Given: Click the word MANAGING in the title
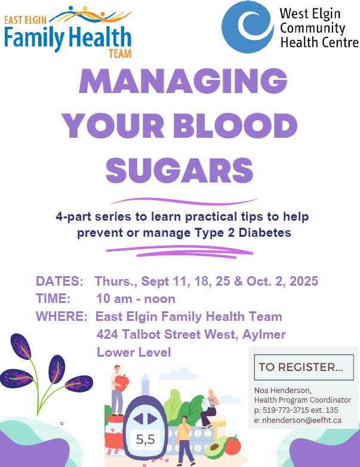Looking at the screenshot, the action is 183,81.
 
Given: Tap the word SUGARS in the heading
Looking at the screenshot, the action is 180,170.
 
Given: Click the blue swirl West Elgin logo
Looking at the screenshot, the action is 248,27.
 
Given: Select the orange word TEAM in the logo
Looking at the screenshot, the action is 120,54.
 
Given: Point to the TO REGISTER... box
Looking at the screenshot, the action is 304,367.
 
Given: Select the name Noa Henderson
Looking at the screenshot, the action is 282,390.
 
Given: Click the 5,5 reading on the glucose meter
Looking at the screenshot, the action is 146,440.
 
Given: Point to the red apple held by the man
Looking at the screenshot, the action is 121,382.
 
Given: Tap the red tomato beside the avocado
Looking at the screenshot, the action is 233,444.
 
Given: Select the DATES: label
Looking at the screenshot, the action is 60,281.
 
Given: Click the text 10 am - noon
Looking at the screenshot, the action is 136,299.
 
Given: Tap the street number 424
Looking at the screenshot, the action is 107,335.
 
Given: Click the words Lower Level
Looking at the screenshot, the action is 134,352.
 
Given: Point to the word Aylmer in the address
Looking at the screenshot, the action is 264,335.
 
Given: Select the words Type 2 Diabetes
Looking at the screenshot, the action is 243,233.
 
